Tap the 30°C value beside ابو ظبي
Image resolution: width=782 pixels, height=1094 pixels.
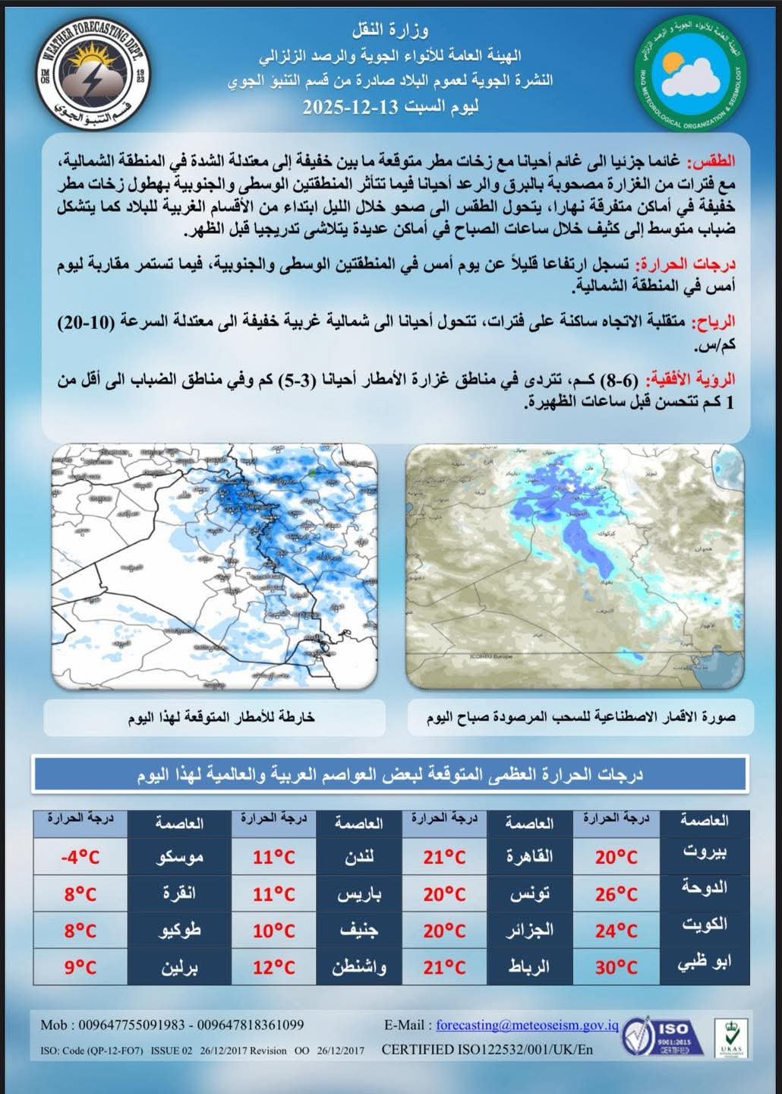[x=616, y=967]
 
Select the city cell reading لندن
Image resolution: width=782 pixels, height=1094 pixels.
[x=359, y=858]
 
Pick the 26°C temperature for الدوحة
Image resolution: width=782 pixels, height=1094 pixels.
[x=616, y=894]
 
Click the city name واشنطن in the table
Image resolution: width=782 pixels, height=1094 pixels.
[x=359, y=967]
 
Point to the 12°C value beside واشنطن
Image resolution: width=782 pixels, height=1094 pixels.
[x=274, y=967]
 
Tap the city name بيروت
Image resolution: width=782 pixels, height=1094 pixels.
[x=705, y=852]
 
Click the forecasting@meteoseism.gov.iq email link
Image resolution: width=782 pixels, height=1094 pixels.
[x=527, y=1025]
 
